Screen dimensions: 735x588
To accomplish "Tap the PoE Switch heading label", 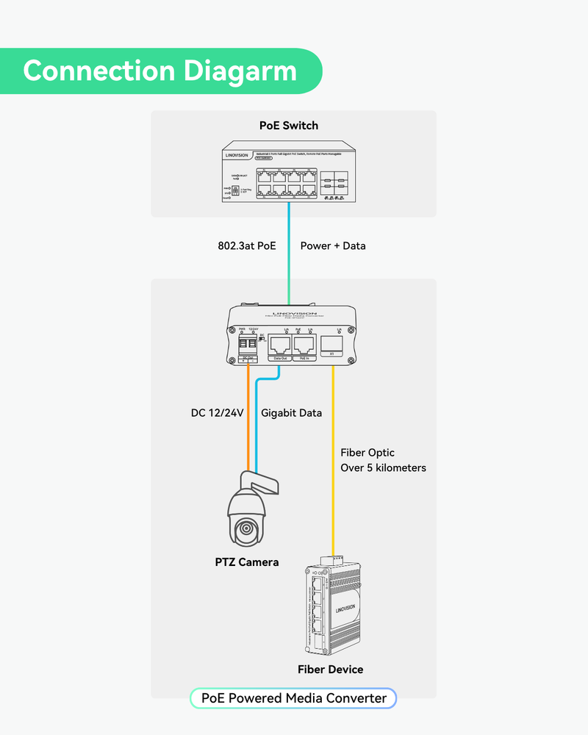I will pos(289,125).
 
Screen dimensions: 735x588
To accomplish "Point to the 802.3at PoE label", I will pos(242,245).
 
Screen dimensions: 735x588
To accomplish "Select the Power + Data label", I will pos(333,245).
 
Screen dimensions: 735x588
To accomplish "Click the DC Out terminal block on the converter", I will pos(249,345).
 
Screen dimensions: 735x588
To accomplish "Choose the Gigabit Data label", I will pos(292,413).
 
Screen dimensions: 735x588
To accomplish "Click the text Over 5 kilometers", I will pos(383,467).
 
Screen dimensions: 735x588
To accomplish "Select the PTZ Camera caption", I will pos(247,562).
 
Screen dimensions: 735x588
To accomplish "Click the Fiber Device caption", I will pos(330,669).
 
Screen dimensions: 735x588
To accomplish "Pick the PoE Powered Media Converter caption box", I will pos(293,698).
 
